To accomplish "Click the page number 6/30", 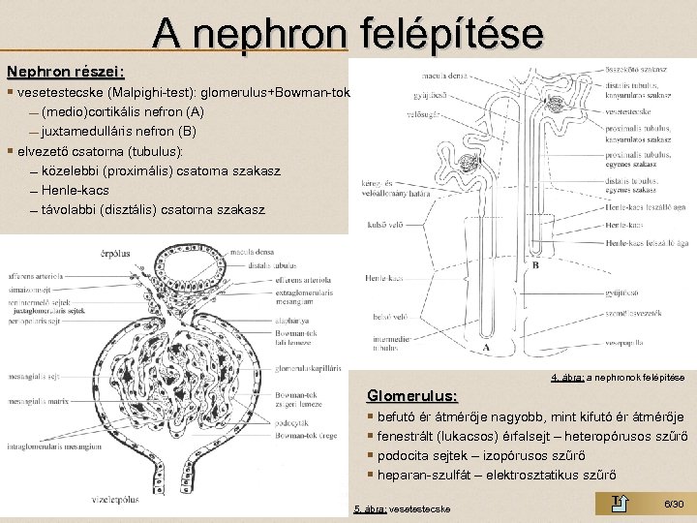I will coord(674,505).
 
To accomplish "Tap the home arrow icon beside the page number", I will coord(622,501).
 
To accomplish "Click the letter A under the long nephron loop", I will coord(485,348).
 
